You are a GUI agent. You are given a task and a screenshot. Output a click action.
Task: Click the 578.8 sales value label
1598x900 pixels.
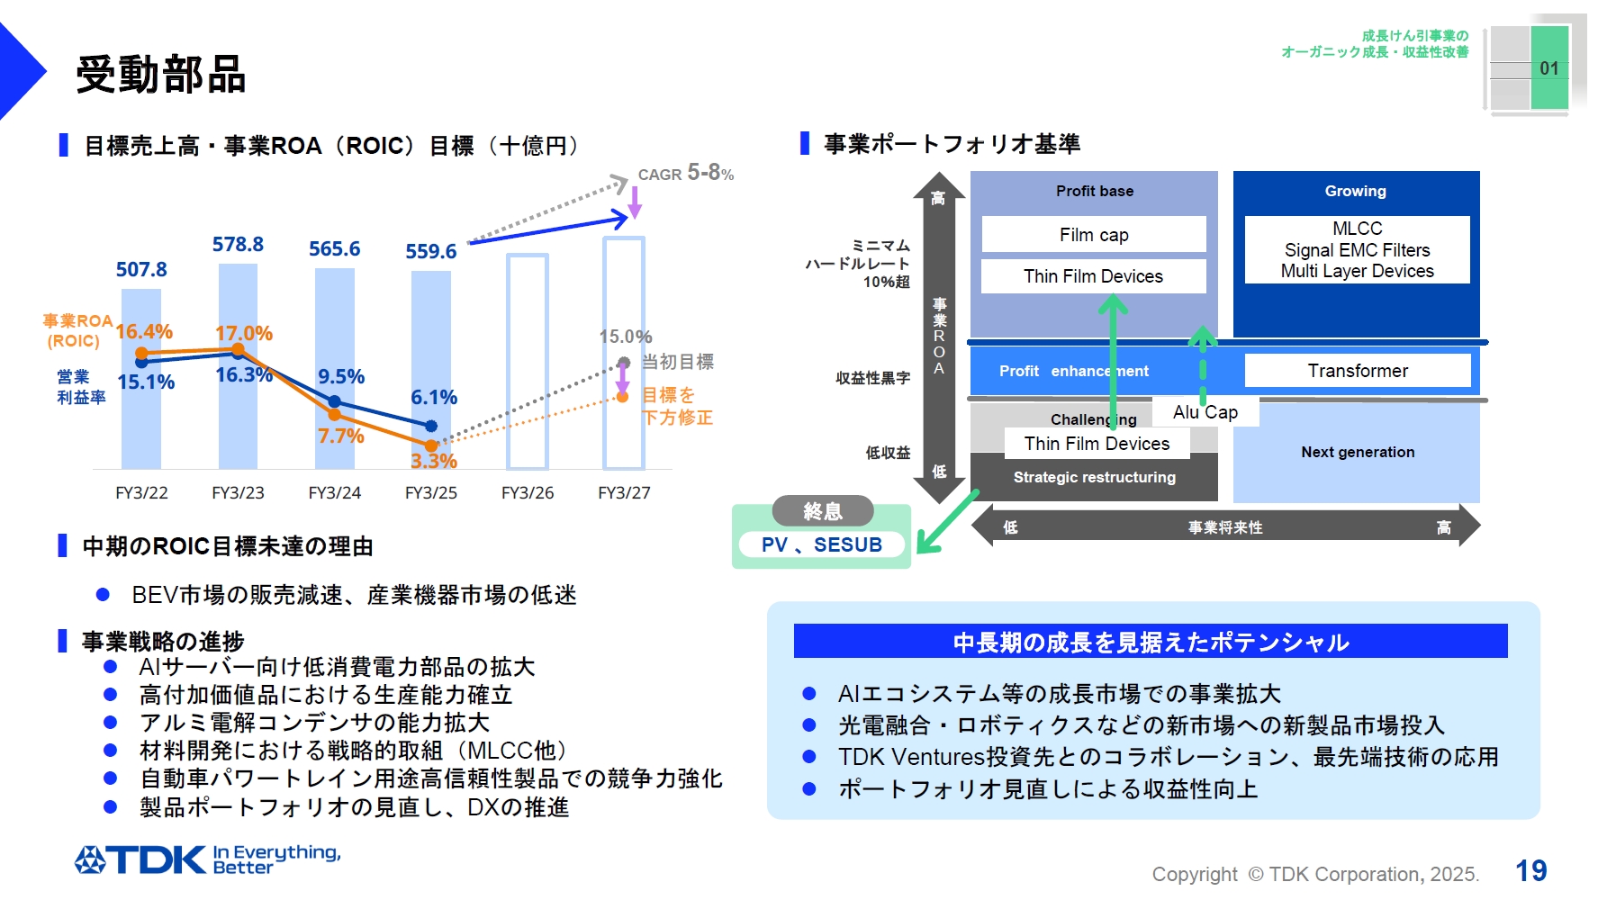click(238, 245)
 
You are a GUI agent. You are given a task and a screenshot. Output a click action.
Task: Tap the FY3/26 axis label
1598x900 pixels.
click(528, 493)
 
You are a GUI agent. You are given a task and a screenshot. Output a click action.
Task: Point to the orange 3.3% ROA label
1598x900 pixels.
click(434, 462)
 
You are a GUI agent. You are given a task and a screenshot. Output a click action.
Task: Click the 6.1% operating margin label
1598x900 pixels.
click(434, 397)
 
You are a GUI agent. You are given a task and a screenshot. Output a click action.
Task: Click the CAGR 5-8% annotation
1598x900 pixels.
click(686, 173)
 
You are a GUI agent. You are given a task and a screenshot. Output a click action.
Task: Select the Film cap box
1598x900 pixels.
click(1094, 235)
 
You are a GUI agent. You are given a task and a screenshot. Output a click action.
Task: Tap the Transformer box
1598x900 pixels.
click(1358, 371)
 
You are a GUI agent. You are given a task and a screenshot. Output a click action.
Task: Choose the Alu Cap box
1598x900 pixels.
click(1205, 412)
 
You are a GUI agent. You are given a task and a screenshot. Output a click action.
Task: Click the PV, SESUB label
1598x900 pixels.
click(822, 544)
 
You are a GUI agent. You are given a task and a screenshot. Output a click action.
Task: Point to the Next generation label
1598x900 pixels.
click(1358, 452)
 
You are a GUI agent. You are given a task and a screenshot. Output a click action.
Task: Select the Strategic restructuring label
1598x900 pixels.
click(1094, 477)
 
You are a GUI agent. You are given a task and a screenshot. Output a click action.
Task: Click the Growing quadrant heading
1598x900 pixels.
click(1355, 191)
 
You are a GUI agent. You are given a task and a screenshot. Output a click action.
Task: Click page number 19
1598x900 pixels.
click(1530, 870)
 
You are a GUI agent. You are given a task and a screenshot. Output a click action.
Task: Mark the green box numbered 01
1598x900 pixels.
click(1549, 68)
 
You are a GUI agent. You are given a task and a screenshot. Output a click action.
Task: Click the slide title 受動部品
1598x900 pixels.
click(161, 74)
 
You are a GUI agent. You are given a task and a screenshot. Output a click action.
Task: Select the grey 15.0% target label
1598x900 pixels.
click(626, 337)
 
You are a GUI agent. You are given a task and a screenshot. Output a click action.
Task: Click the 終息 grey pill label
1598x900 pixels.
click(823, 511)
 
